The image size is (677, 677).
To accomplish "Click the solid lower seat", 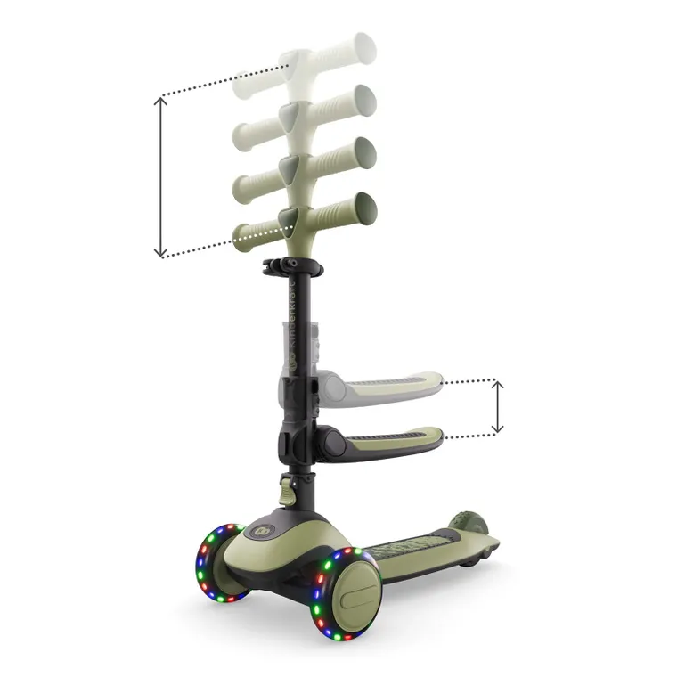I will pyautogui.click(x=392, y=439).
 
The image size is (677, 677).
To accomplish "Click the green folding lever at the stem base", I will pyautogui.click(x=286, y=491).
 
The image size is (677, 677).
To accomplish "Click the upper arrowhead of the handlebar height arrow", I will pyautogui.click(x=160, y=101).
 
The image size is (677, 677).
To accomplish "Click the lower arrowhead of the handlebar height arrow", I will pyautogui.click(x=160, y=253).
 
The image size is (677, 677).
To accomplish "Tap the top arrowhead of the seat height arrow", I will pyautogui.click(x=498, y=386).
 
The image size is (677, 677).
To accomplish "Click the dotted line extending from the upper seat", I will pyautogui.click(x=468, y=382).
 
